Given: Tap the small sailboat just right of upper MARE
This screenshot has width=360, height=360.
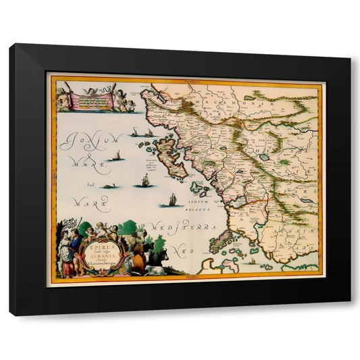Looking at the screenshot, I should tap(117, 157).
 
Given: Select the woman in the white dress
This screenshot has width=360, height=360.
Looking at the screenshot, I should tap(66, 255).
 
